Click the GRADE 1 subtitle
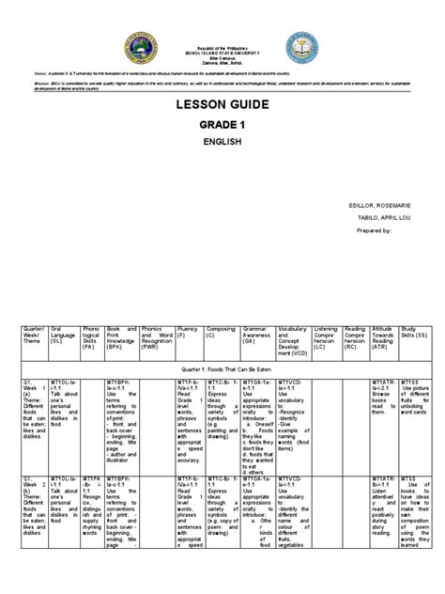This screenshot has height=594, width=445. (x=222, y=153)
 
